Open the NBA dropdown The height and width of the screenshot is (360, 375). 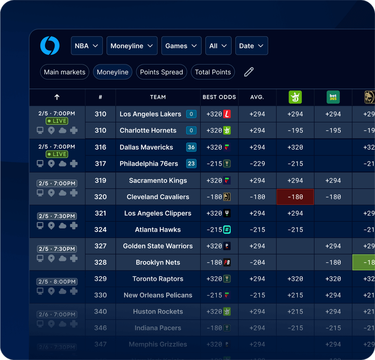(87, 46)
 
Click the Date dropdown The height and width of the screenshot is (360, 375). (251, 46)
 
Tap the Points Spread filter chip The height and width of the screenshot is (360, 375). (161, 72)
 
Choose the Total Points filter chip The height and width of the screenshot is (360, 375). (213, 72)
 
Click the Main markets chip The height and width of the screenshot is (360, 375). (65, 72)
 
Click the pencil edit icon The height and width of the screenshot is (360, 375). (249, 72)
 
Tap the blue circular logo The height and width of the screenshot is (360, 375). (50, 46)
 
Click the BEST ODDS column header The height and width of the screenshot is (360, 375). (219, 97)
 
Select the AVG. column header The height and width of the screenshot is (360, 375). (257, 97)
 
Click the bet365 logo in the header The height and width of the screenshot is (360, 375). (333, 97)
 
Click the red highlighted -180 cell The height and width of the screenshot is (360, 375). (295, 197)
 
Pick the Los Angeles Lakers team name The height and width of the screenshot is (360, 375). (150, 114)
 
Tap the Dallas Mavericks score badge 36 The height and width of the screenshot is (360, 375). (191, 147)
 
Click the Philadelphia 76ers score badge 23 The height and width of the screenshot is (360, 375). (191, 164)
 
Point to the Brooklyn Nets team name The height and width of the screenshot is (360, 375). (157, 263)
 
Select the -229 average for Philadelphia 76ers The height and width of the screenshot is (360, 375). (257, 164)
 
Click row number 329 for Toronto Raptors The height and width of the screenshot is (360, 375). (100, 279)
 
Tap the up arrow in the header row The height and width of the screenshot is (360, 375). (57, 97)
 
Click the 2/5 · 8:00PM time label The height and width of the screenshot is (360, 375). (57, 282)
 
